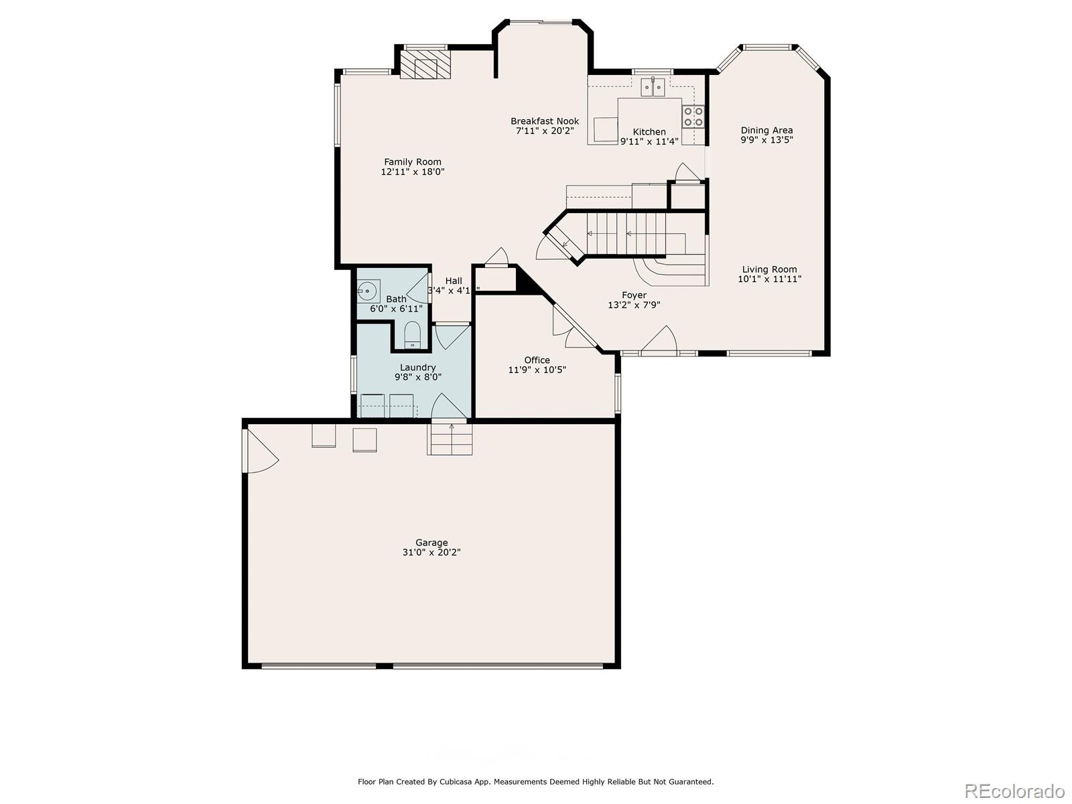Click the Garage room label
click(x=431, y=543)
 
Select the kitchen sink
click(x=653, y=86)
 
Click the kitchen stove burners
click(x=693, y=117)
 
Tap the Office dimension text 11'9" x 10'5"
click(x=537, y=369)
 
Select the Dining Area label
click(x=766, y=130)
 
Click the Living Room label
click(x=769, y=269)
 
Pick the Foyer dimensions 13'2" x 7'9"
click(x=634, y=305)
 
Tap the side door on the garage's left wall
click(x=260, y=450)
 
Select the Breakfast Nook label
click(x=545, y=121)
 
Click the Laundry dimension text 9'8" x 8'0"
click(x=417, y=377)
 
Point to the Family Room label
click(x=413, y=161)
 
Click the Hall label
click(x=454, y=281)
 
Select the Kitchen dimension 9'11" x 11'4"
click(x=649, y=141)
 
